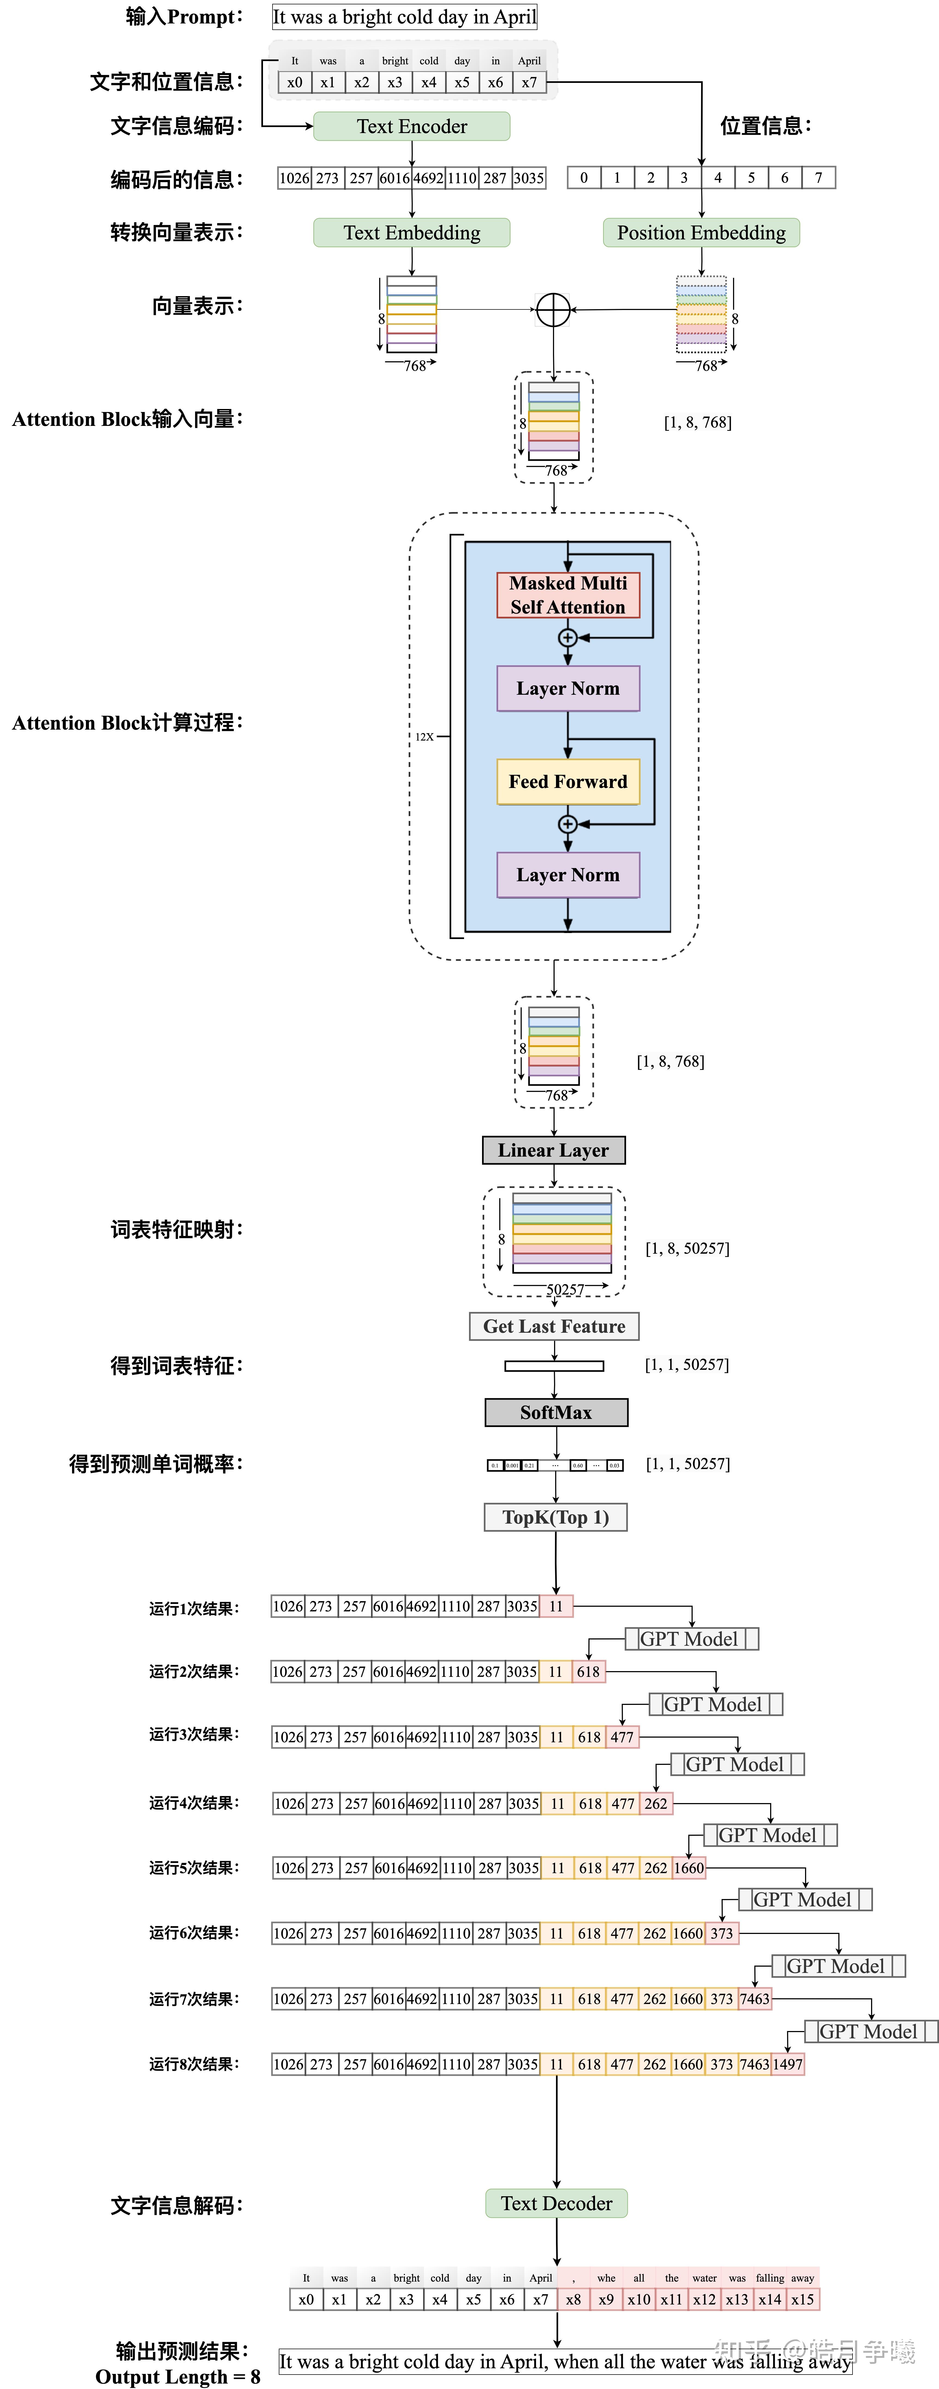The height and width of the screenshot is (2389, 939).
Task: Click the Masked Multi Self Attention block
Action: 568,594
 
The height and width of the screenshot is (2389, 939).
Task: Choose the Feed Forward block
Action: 568,782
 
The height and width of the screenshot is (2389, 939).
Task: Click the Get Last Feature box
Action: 554,1326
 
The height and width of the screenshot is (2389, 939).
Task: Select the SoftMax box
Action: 556,1412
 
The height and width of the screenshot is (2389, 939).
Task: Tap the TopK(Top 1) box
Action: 556,1517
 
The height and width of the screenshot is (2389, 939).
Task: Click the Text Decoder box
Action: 556,2204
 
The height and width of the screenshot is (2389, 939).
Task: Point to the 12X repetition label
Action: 424,736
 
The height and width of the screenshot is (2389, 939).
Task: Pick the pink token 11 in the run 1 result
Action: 556,1606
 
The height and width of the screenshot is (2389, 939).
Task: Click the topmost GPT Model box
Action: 690,1639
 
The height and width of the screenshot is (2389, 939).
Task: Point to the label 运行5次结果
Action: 194,1868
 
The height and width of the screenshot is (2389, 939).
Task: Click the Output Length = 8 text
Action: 177,2377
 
